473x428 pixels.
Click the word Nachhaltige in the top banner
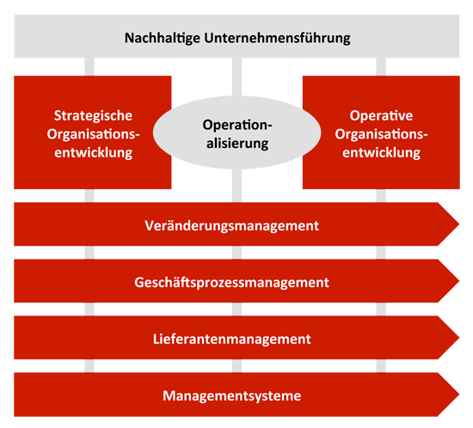click(163, 39)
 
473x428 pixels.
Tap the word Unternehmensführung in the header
click(277, 39)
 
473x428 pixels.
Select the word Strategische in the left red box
click(93, 116)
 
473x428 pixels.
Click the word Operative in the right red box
click(381, 116)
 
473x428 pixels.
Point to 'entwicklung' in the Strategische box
click(93, 152)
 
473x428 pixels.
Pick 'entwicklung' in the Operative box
click(381, 152)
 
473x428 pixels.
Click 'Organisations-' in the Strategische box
click(93, 134)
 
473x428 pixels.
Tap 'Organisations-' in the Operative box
click(381, 134)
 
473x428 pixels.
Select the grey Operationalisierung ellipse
click(236, 132)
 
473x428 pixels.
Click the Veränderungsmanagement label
click(231, 226)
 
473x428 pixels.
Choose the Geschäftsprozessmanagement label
click(231, 283)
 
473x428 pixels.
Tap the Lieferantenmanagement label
click(231, 339)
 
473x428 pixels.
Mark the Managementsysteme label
click(231, 395)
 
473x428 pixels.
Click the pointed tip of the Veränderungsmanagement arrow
click(459, 224)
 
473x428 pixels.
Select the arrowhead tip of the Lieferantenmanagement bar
click(459, 338)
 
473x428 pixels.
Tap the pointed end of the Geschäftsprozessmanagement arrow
click(459, 281)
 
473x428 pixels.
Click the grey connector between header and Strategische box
click(89, 67)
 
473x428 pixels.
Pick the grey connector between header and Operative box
click(381, 67)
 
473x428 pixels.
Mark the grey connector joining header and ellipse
click(236, 77)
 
